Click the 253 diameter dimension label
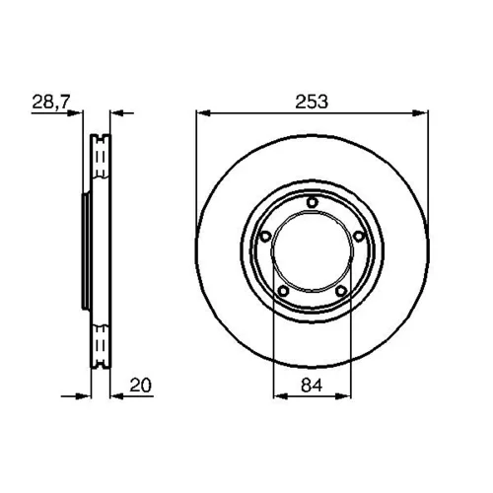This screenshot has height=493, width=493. tap(312, 102)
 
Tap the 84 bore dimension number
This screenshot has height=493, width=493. tap(312, 385)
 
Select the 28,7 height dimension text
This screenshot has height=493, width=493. tap(51, 103)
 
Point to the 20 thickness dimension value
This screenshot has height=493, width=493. tap(141, 385)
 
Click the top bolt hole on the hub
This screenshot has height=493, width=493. tap(313, 202)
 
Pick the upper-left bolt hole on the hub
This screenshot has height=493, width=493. tap(265, 237)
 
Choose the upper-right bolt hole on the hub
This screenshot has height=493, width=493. tap(359, 237)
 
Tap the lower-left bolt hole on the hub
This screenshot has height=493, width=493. tap(283, 291)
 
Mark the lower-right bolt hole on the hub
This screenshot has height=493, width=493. tap(341, 291)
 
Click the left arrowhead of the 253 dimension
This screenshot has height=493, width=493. tap(203, 113)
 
